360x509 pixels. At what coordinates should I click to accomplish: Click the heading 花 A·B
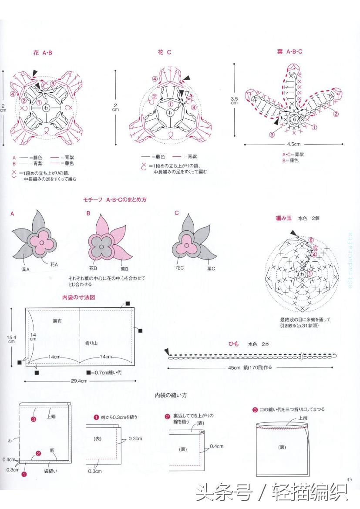(43, 53)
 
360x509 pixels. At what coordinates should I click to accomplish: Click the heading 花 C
(164, 52)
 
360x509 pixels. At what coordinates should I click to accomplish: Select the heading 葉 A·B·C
(289, 51)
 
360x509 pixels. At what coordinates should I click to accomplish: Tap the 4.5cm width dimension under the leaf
(293, 144)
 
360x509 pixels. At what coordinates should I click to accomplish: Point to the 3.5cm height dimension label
(234, 101)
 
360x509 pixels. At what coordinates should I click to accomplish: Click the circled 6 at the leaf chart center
(294, 119)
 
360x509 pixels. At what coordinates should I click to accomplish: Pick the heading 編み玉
(283, 218)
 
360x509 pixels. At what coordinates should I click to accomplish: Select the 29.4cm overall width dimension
(79, 381)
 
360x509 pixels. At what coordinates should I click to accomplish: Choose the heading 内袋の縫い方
(171, 395)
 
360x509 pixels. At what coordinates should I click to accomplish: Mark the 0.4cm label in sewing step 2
(216, 446)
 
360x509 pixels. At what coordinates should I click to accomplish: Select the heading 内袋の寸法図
(79, 297)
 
